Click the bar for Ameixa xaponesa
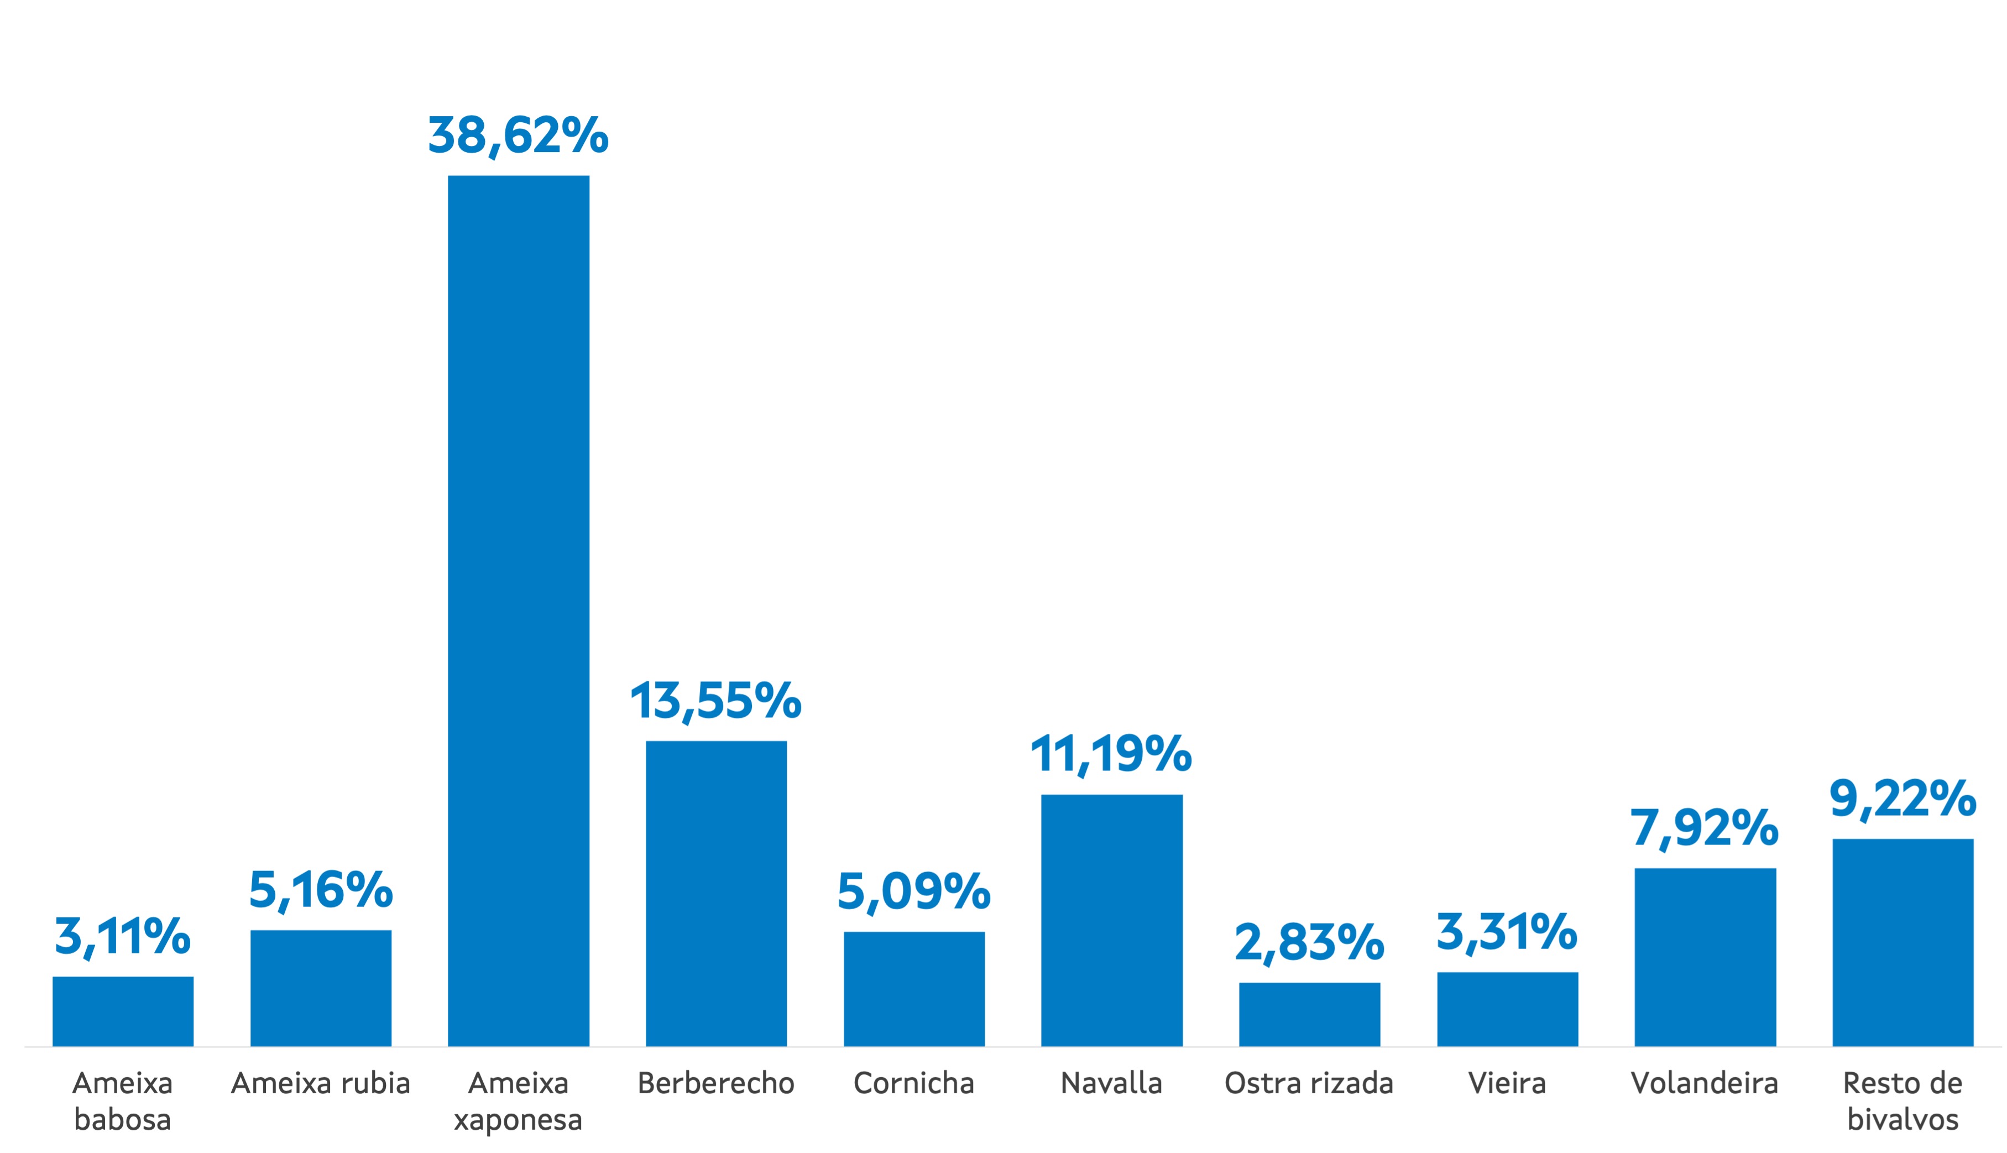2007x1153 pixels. [x=519, y=610]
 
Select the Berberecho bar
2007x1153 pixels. [x=715, y=893]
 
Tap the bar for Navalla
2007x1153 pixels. [x=1111, y=920]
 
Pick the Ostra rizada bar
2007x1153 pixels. [x=1309, y=1014]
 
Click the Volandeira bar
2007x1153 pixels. [x=1705, y=957]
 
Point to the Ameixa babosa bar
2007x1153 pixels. [x=123, y=1011]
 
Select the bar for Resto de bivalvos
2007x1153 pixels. [x=1903, y=942]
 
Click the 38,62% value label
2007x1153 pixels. [x=519, y=135]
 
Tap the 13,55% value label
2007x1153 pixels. [x=715, y=701]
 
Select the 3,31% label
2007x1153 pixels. [x=1507, y=932]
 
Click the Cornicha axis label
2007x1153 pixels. [x=913, y=1083]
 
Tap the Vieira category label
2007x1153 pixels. [x=1507, y=1083]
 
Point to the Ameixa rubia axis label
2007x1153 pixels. [x=321, y=1083]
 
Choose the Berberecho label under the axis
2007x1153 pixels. [x=715, y=1083]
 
